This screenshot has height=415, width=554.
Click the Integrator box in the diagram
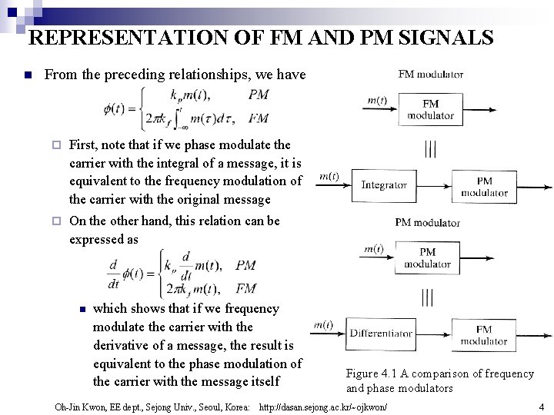384,185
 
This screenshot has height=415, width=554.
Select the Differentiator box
381,334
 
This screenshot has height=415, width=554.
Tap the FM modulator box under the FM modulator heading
430,109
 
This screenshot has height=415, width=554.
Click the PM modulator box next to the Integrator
484,187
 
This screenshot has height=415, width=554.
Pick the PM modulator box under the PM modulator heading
427,258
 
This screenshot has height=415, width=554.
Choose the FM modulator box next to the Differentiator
483,335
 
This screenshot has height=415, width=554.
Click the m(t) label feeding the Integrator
329,176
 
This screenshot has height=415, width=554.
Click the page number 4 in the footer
541,407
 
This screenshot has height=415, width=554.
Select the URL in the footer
324,407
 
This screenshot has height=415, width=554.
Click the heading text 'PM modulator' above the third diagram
427,223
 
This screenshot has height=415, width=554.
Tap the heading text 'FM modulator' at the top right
431,75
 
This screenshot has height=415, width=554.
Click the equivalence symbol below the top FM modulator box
430,148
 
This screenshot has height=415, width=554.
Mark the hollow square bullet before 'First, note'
55,144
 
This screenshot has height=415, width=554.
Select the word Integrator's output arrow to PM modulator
431,185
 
